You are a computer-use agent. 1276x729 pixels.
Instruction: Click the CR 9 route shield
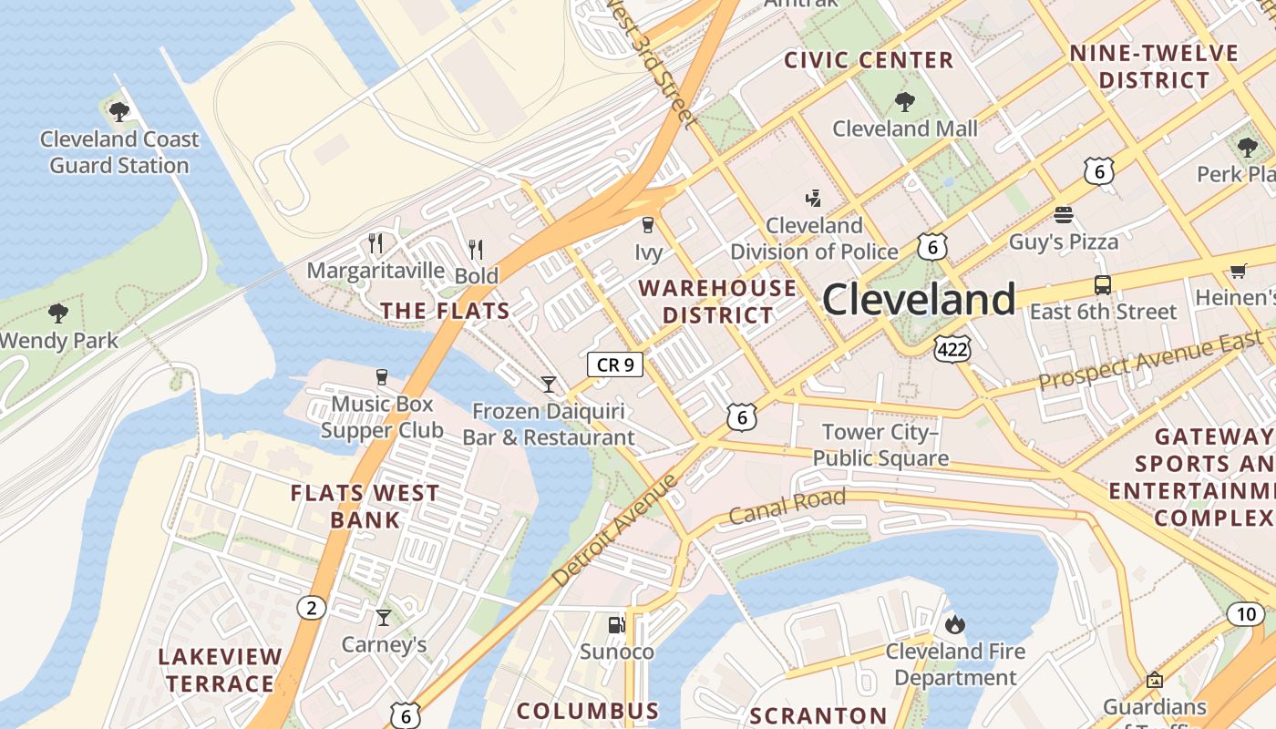click(x=615, y=365)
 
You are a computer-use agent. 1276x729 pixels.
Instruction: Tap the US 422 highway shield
click(x=952, y=347)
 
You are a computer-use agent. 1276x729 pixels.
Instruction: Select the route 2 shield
click(x=311, y=608)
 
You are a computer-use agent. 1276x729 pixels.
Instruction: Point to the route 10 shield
click(x=1246, y=614)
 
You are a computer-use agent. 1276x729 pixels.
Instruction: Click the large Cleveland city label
click(x=919, y=300)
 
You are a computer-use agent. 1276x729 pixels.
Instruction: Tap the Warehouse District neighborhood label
click(x=717, y=302)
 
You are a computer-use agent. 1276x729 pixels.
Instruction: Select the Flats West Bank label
click(x=365, y=507)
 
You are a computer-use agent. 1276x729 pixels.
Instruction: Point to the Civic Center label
click(x=869, y=61)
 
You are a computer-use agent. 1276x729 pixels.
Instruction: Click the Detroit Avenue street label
click(x=616, y=529)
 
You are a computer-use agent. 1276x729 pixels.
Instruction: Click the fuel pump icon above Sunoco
click(x=617, y=625)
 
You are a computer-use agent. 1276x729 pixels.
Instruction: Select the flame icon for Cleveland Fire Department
click(x=955, y=624)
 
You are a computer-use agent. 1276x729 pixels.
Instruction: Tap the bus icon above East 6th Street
click(x=1102, y=285)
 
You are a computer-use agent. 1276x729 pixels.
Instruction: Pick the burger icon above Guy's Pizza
click(x=1064, y=215)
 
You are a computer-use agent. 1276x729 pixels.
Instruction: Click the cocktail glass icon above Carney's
click(x=384, y=618)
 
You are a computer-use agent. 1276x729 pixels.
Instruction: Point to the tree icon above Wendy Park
click(x=58, y=313)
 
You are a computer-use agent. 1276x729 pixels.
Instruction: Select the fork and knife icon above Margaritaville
click(x=376, y=242)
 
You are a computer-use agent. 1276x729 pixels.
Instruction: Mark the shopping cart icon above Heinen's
click(x=1238, y=271)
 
